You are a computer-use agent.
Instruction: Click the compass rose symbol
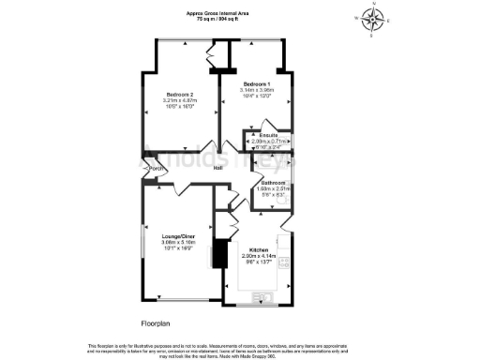[374, 17]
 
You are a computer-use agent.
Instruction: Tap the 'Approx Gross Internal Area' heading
[217, 13]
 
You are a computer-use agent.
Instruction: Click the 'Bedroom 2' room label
[180, 95]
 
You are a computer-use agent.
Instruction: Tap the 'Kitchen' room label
[259, 249]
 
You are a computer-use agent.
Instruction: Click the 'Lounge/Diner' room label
[178, 234]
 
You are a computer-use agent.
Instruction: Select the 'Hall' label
[217, 168]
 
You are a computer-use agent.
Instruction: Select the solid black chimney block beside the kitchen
[220, 254]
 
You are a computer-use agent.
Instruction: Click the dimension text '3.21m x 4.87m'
[180, 100]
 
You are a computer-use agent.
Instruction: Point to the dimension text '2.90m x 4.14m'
[259, 255]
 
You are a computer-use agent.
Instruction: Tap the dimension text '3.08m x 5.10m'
[178, 240]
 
